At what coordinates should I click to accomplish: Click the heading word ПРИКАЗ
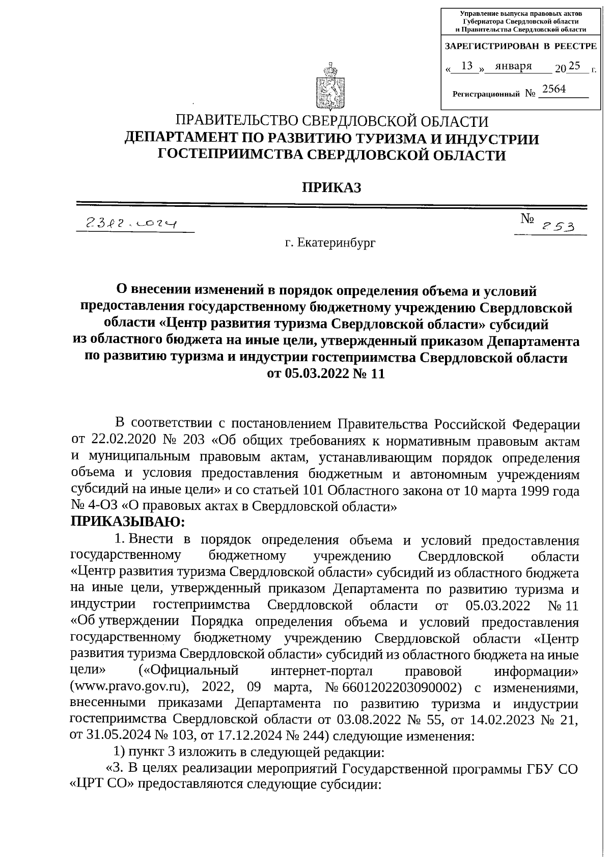[331, 188]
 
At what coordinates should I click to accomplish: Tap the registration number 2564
[554, 89]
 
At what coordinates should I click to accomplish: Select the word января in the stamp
[513, 66]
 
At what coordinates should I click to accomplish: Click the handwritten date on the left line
[131, 223]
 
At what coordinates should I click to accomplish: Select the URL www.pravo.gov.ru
[128, 687]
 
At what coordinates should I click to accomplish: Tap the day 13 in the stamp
[467, 66]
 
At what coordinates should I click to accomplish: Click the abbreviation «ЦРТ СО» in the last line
[104, 785]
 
